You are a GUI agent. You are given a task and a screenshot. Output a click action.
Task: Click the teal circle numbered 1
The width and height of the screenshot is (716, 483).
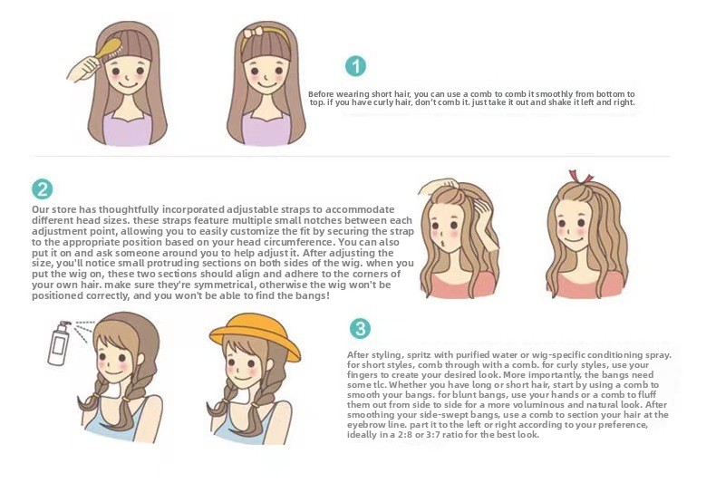355,67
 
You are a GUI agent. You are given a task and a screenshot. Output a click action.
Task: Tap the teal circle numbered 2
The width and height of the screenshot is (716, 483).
42,189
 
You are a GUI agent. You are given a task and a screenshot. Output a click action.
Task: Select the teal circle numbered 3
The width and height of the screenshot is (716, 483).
360,329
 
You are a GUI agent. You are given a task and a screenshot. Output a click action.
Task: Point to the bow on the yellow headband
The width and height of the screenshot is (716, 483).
253,33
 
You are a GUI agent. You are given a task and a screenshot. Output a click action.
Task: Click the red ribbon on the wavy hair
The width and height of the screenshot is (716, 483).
580,177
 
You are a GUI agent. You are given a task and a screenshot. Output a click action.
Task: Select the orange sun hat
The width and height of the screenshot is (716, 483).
254,335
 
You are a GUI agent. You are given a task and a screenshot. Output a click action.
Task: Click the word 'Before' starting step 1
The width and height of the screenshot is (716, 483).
321,94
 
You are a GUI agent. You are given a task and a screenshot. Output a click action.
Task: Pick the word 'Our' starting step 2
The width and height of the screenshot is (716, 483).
40,210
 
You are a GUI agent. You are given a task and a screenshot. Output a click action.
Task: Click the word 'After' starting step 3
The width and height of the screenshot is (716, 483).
357,354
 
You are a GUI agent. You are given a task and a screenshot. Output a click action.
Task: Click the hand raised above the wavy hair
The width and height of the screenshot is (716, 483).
438,186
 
